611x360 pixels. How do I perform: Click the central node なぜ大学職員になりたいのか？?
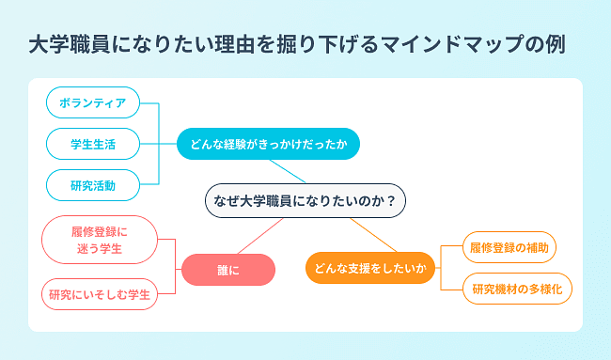(305, 200)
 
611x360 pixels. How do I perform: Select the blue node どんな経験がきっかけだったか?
(268, 144)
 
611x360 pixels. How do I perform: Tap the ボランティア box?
(92, 102)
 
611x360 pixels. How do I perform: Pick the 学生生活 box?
(92, 144)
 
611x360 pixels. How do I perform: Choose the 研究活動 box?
(92, 185)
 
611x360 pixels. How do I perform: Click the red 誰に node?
(228, 269)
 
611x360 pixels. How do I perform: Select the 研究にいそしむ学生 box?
(100, 294)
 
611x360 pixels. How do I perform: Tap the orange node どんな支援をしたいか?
(370, 269)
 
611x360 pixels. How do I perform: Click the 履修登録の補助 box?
(509, 248)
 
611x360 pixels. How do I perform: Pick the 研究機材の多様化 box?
(518, 289)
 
